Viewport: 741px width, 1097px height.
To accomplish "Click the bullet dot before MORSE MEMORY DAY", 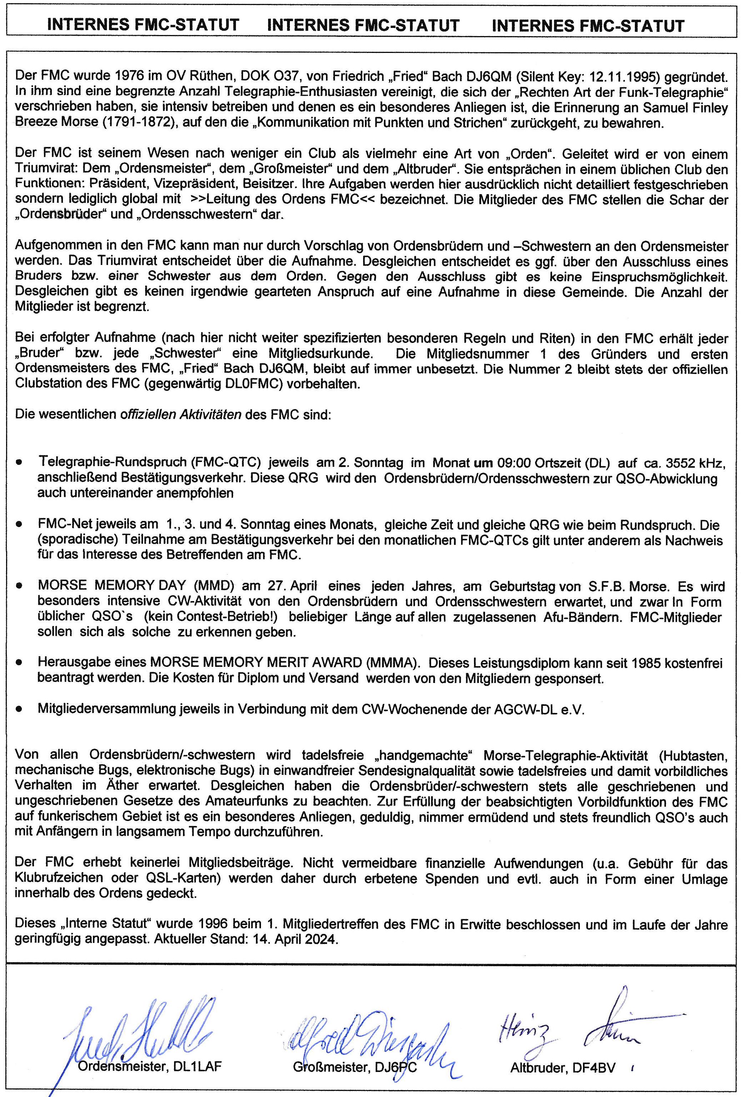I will pyautogui.click(x=19, y=585).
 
